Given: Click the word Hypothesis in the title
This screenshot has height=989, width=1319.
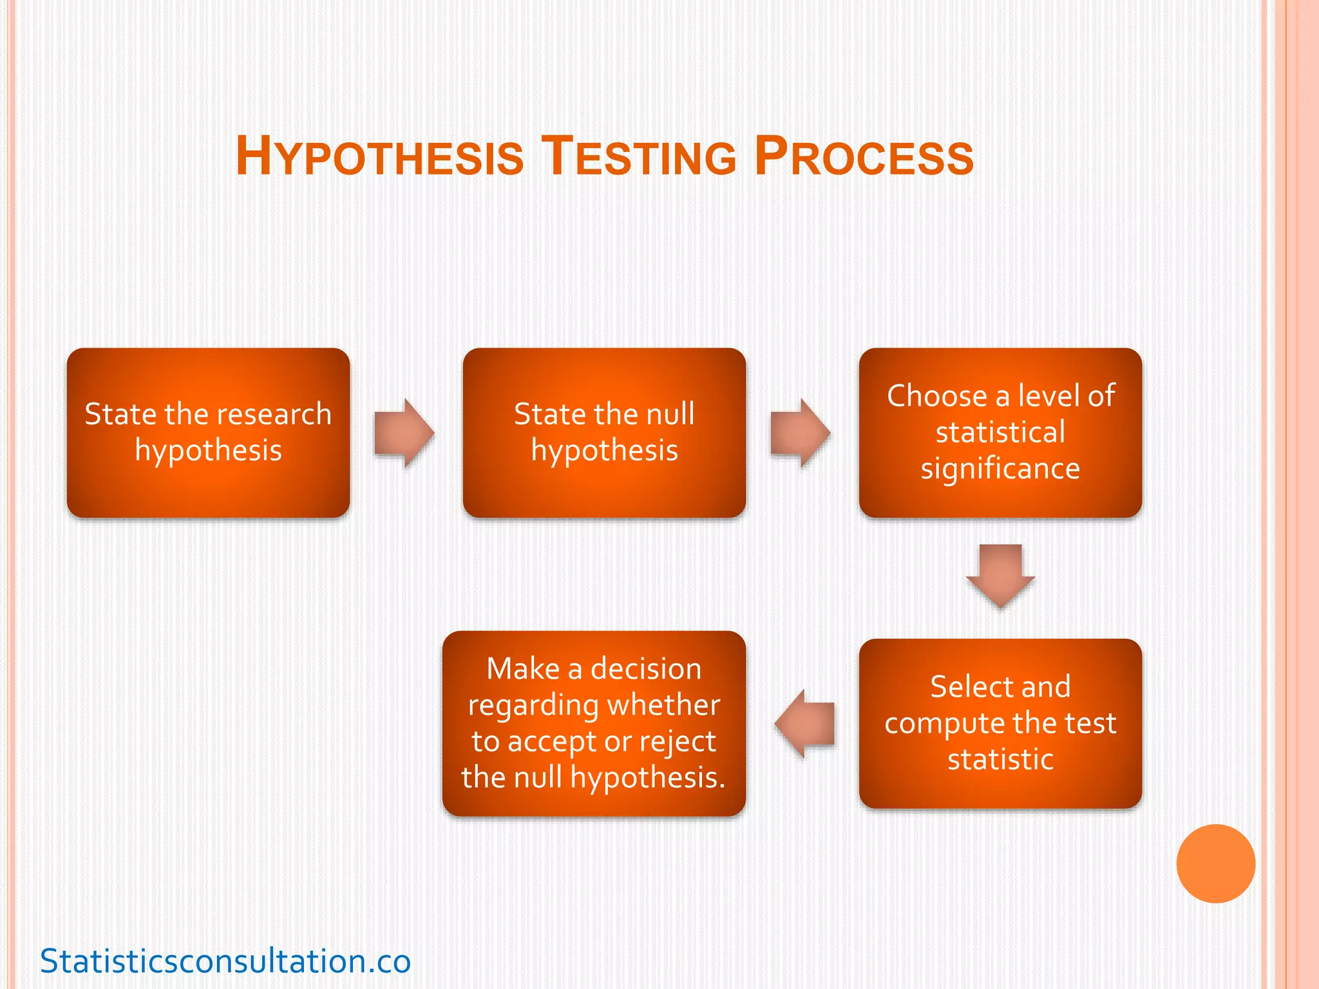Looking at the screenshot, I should pyautogui.click(x=379, y=156).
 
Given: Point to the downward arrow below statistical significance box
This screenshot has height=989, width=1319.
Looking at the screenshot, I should pyautogui.click(x=1000, y=576).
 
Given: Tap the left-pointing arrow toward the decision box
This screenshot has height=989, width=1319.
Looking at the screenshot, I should pyautogui.click(x=805, y=723).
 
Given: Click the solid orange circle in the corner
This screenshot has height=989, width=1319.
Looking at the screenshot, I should pyautogui.click(x=1215, y=863).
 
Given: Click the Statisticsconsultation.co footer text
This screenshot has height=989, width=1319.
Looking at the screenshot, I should pyautogui.click(x=225, y=961).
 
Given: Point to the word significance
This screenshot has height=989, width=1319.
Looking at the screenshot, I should pyautogui.click(x=1000, y=469).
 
